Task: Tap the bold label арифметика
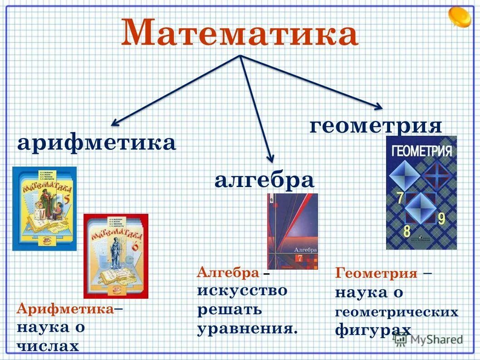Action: pyautogui.click(x=97, y=143)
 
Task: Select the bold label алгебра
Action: pyautogui.click(x=264, y=180)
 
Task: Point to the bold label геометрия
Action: pyautogui.click(x=376, y=125)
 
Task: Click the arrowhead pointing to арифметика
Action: pyautogui.click(x=115, y=122)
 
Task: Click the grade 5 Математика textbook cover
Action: pyautogui.click(x=44, y=208)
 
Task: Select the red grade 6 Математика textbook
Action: pyautogui.click(x=116, y=256)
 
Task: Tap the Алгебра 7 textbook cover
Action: pyautogui.click(x=293, y=231)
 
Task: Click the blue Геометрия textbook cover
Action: pyautogui.click(x=421, y=192)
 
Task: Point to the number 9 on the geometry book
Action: pyautogui.click(x=441, y=218)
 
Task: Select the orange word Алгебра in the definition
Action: pyautogui.click(x=228, y=272)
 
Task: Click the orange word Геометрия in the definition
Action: pyautogui.click(x=376, y=274)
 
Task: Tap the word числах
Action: pyautogui.click(x=48, y=346)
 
